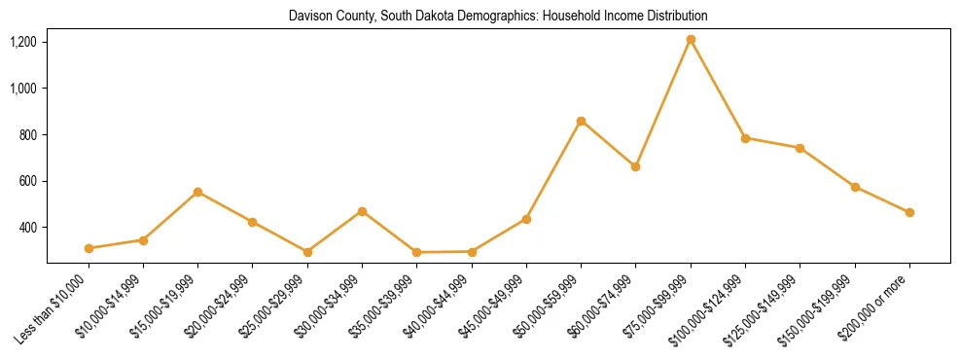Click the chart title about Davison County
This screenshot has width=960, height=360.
point(498,17)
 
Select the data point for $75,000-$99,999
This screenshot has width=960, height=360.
point(691,40)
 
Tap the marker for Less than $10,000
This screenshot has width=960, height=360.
point(89,248)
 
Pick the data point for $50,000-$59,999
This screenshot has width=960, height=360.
point(581,121)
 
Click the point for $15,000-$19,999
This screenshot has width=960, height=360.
point(197,192)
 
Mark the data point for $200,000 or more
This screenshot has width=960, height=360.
point(909,212)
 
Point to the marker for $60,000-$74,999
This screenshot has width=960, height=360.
point(635,166)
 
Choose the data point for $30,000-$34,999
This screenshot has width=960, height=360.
point(362,211)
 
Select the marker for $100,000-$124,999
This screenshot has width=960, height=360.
point(745,138)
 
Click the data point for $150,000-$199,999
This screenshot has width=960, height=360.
point(855,187)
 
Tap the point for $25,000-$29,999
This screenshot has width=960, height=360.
point(307,252)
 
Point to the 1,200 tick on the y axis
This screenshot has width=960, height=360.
point(23,42)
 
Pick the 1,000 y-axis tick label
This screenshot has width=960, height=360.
point(23,89)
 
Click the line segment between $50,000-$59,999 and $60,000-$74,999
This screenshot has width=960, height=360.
point(608,144)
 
